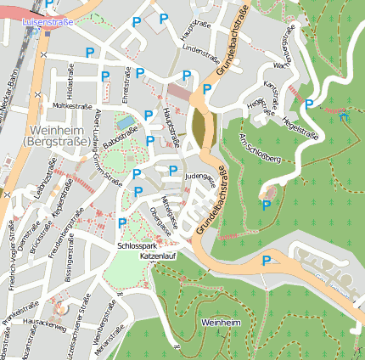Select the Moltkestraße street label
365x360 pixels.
click(72, 106)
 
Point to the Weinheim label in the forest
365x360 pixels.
click(223, 323)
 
